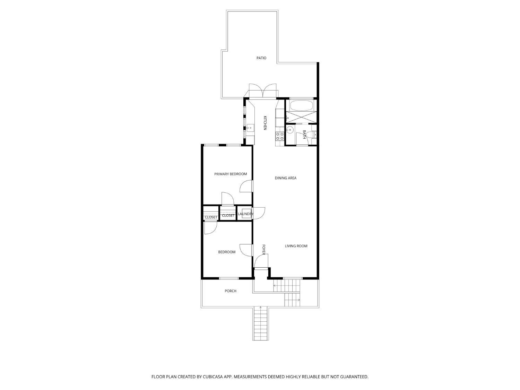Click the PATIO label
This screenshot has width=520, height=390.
[261, 58]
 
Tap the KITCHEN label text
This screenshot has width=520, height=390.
[265, 123]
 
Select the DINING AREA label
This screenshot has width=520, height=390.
[285, 178]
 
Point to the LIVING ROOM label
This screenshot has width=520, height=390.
[296, 246]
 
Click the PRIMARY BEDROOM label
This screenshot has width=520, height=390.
[231, 174]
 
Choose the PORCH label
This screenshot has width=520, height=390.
[230, 291]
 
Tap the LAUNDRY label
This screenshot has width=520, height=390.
[245, 214]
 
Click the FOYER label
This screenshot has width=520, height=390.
[263, 250]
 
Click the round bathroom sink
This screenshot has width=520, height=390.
[289, 130]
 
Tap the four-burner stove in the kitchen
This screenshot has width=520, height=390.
[279, 136]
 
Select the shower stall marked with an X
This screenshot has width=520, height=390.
[301, 117]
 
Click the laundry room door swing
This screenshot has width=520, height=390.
[259, 213]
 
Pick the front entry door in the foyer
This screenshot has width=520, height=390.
[261, 261]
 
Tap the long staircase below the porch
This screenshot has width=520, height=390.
[261, 323]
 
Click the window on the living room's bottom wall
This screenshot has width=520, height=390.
[293, 278]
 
